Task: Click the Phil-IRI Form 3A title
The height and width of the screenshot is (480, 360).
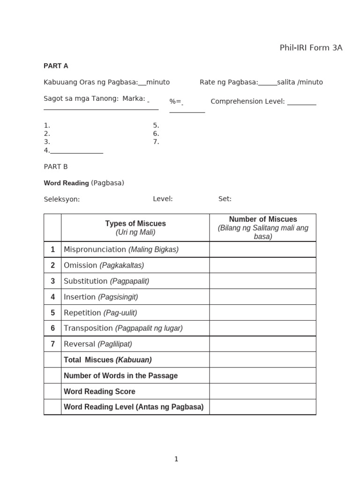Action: click(311, 48)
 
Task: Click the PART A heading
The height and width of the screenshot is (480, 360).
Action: click(56, 66)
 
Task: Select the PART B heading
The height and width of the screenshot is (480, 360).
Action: click(56, 166)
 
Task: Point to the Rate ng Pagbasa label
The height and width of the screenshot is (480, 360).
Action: click(229, 82)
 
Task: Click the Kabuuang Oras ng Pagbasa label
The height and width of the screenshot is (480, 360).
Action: click(90, 82)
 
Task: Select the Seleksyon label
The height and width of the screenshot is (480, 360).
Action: click(62, 199)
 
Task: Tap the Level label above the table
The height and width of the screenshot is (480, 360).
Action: click(163, 199)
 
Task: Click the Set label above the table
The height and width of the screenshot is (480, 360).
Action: click(225, 199)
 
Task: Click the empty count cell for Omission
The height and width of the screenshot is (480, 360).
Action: click(262, 265)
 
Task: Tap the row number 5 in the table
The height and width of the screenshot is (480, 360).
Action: click(52, 313)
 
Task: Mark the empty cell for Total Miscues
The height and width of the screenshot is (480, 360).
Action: click(262, 360)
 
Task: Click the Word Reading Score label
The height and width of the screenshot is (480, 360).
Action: click(99, 391)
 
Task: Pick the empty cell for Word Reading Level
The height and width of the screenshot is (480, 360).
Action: click(262, 407)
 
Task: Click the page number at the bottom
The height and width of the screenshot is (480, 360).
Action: click(176, 459)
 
